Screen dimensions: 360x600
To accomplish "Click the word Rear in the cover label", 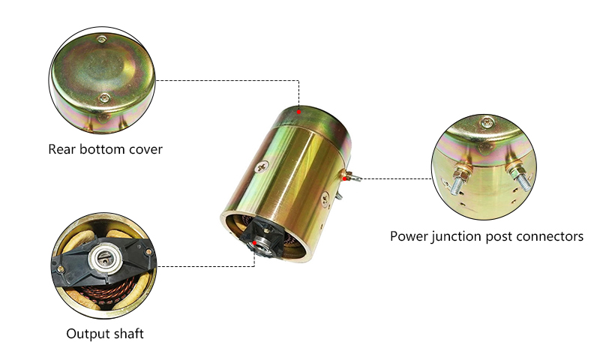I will (63, 148).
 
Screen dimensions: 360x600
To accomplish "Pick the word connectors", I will (549, 236).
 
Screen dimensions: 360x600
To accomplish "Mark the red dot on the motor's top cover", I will (298, 112).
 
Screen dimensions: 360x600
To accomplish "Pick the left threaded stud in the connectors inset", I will (457, 181).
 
